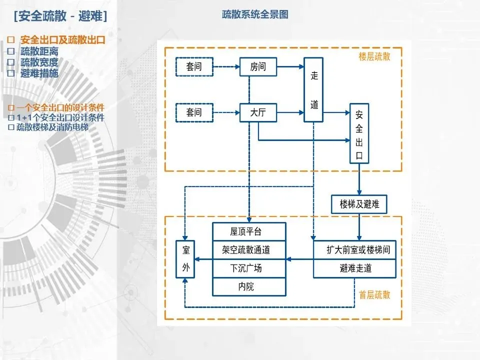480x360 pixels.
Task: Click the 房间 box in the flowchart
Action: [x=258, y=66]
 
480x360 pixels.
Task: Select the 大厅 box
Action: [x=258, y=112]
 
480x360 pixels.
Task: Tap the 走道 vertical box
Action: [x=314, y=90]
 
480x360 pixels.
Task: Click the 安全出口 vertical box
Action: [x=359, y=134]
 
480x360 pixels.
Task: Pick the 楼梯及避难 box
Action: [x=359, y=204]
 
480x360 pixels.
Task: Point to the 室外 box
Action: [x=185, y=259]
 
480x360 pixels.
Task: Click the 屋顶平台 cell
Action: [x=249, y=231]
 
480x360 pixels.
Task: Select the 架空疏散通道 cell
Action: [x=249, y=249]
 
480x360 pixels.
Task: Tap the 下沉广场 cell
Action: [x=249, y=268]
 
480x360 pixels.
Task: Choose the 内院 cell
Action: [x=249, y=286]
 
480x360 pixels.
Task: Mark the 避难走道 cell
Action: [x=355, y=268]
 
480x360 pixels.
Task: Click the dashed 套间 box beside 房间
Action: [x=194, y=66]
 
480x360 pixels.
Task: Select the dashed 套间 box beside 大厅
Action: [x=194, y=112]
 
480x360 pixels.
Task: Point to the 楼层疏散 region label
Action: [x=374, y=56]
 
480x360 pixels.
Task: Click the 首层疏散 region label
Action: [x=374, y=294]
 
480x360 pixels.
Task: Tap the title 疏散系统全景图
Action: [x=255, y=15]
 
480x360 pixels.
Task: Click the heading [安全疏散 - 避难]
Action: [x=61, y=16]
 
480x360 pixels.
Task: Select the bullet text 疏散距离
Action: [x=39, y=51]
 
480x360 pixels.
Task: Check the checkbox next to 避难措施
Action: [x=11, y=73]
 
